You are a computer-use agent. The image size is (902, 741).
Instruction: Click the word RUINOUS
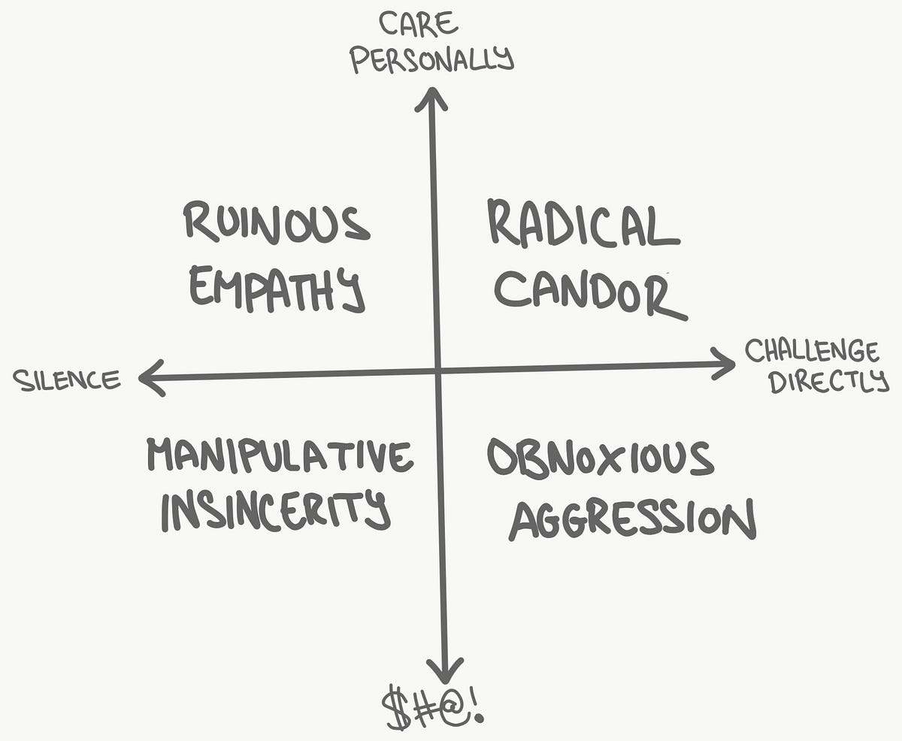(277, 222)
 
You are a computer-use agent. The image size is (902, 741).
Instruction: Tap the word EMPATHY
(276, 288)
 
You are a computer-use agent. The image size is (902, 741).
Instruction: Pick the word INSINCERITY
(275, 512)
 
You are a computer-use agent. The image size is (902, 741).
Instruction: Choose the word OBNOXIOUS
(599, 458)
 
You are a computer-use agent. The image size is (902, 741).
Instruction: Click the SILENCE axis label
(67, 380)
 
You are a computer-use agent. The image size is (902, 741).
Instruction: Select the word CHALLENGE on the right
(811, 351)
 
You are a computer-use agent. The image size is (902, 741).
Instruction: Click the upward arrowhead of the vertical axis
(431, 98)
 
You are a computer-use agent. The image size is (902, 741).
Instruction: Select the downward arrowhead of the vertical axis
(446, 669)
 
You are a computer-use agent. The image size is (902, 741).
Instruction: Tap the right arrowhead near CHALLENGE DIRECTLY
(723, 364)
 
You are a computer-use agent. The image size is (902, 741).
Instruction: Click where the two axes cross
(437, 370)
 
